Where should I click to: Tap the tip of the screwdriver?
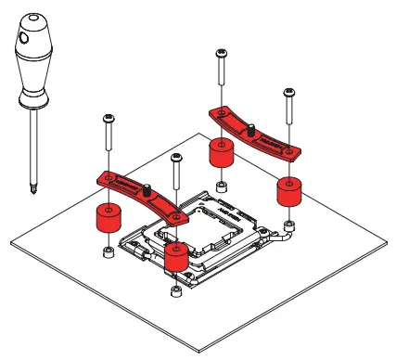[x=33, y=193]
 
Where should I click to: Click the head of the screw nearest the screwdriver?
[x=109, y=118]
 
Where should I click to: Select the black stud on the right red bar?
[x=249, y=132]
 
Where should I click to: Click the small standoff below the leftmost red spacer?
[x=108, y=251]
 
